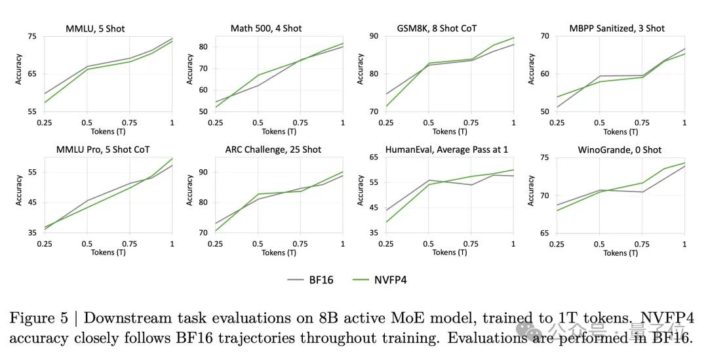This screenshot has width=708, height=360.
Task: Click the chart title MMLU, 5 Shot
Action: pos(95,28)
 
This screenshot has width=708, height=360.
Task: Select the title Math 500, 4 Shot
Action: pos(266,28)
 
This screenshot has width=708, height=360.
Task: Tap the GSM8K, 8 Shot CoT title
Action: pos(437,28)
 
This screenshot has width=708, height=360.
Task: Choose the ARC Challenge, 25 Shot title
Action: pos(269,150)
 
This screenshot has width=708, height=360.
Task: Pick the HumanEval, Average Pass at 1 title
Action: pos(437,150)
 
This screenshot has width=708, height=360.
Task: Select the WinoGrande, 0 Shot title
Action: pos(610,150)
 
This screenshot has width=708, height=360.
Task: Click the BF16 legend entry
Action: pos(311,279)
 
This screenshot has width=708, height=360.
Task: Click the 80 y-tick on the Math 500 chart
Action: pos(203,47)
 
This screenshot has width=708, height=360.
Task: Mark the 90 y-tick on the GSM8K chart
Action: pos(374,36)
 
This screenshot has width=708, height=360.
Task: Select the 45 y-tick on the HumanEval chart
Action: pos(374,208)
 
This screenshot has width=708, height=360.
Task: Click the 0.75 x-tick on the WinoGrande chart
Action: pos(642,244)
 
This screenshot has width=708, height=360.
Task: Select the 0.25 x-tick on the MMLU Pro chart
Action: pos(45,244)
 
